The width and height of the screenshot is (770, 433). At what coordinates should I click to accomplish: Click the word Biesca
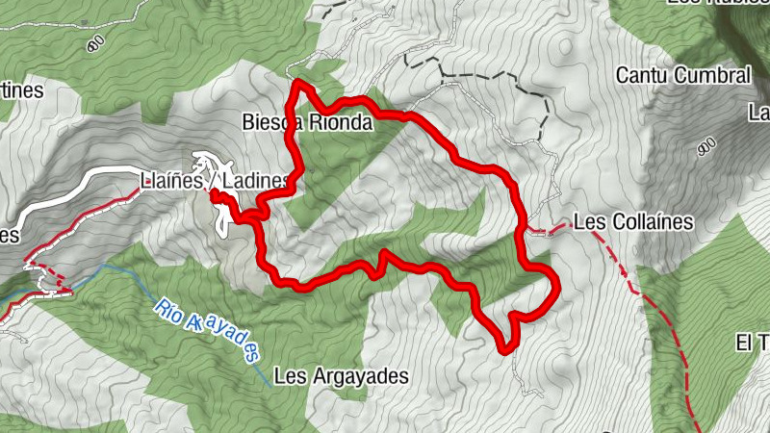(x=269, y=122)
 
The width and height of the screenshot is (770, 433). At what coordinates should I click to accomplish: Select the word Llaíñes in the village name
(x=173, y=181)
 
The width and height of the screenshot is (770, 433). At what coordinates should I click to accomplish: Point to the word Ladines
(x=255, y=181)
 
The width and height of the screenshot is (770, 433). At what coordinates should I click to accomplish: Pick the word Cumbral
(x=715, y=75)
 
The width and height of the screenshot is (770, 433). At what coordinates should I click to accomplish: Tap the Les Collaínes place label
(x=632, y=222)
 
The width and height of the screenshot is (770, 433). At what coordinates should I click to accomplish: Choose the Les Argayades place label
(x=342, y=376)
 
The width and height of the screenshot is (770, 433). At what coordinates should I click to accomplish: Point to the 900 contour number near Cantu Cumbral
(x=705, y=145)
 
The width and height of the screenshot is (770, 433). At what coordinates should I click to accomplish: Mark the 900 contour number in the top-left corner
(x=94, y=44)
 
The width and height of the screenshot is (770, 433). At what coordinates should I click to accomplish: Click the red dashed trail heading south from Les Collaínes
(x=664, y=318)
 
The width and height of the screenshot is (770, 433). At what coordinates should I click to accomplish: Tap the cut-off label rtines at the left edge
(x=21, y=90)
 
